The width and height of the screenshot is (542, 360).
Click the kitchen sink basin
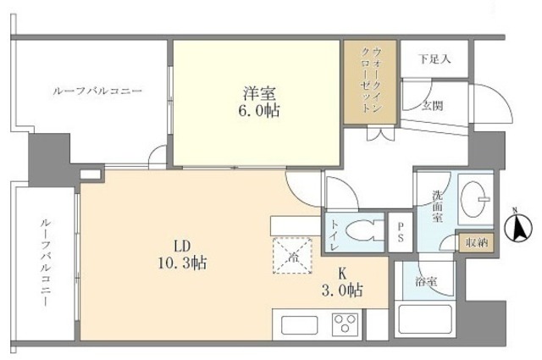(x=298, y=324)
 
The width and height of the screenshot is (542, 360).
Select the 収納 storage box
(x=475, y=242)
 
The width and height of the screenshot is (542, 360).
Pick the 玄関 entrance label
(x=434, y=105)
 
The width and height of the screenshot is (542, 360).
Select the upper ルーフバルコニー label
(x=97, y=90)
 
